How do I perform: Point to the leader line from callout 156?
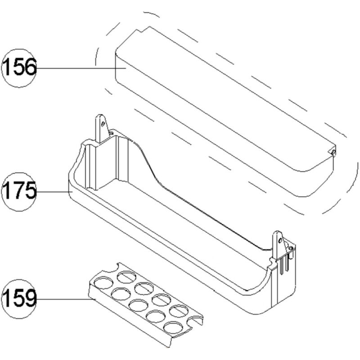81,68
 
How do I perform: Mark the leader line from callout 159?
63,298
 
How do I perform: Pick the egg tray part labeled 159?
144,306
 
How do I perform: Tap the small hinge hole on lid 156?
333,152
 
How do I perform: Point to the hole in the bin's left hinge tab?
103,122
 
